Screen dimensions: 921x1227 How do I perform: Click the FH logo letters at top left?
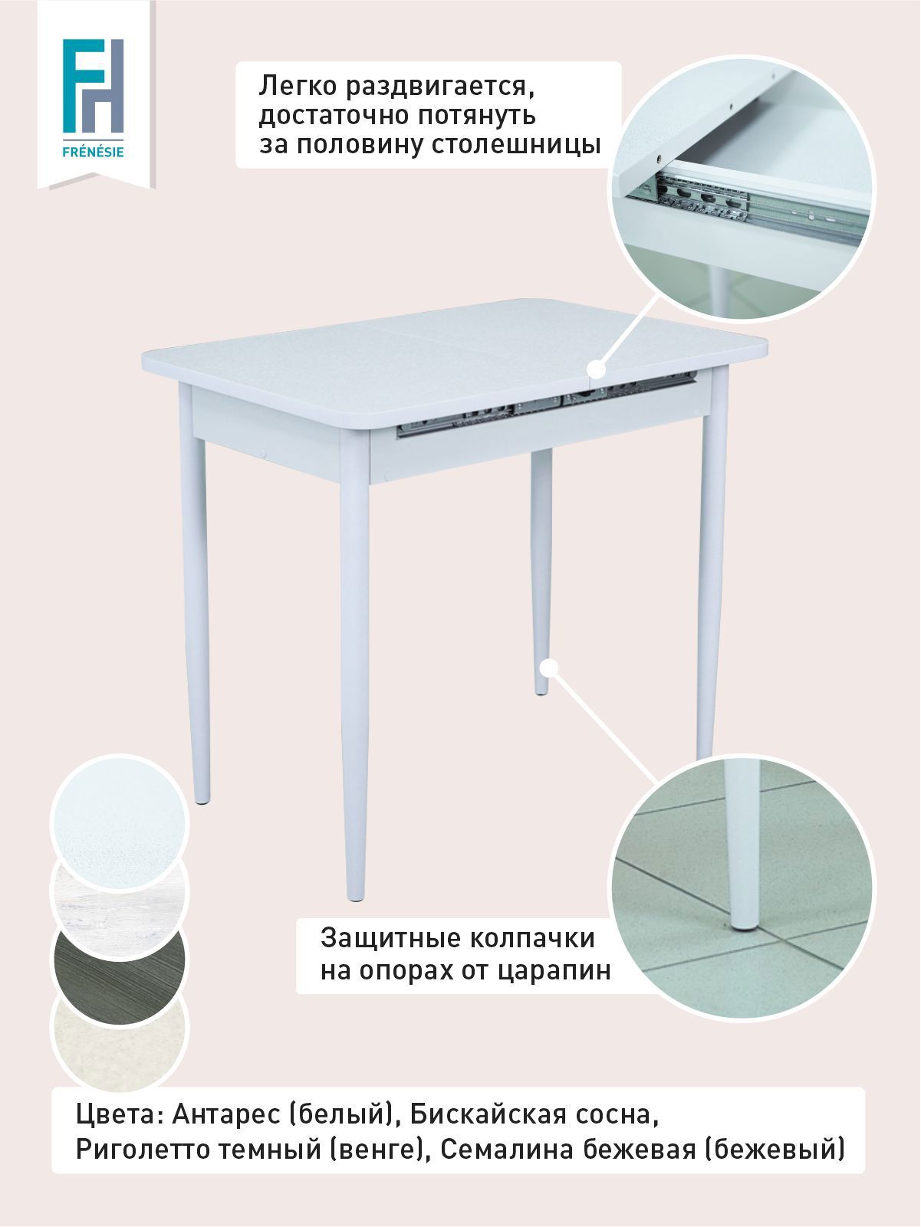click(x=93, y=86)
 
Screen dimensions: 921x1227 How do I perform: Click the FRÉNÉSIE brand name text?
click(x=93, y=152)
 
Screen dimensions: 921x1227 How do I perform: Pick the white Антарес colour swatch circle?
click(x=119, y=823)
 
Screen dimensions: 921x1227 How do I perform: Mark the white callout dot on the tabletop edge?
click(x=597, y=369)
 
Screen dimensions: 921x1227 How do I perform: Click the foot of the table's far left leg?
click(x=202, y=800)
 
